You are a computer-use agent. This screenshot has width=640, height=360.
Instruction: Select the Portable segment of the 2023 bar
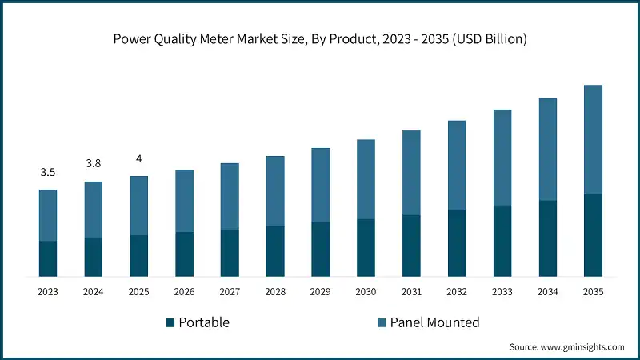[x=48, y=258]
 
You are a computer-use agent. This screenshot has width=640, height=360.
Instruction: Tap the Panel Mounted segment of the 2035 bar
[x=593, y=140]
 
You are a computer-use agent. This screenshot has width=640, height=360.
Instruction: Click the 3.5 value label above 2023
[x=48, y=173]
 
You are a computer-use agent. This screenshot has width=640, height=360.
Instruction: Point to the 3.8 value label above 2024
[x=94, y=164]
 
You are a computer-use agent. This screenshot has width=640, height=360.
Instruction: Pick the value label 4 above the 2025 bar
[x=138, y=158]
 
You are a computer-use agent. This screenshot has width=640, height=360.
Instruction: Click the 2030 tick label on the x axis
[x=366, y=293]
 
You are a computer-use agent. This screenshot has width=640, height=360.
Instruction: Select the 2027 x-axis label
[x=230, y=293]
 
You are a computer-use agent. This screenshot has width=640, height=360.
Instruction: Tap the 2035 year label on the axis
[x=593, y=293]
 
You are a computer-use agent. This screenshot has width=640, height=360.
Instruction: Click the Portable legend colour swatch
[x=170, y=322]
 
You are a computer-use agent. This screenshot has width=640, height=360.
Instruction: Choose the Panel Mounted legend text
[x=434, y=322]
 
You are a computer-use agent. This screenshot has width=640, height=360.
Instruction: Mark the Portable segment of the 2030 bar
[x=366, y=248]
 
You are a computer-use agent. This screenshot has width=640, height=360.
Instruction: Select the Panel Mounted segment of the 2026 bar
[x=184, y=201]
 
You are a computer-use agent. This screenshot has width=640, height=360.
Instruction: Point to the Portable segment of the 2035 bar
[x=593, y=235]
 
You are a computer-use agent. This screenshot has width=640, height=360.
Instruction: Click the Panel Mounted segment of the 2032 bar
[x=457, y=166]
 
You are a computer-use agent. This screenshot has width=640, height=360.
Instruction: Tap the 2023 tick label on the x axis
[x=48, y=293]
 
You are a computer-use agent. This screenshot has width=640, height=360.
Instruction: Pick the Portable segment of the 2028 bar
[x=275, y=251]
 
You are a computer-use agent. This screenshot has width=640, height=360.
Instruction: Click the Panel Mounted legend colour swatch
[x=382, y=322]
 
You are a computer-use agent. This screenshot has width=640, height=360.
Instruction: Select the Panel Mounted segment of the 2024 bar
[x=94, y=210]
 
